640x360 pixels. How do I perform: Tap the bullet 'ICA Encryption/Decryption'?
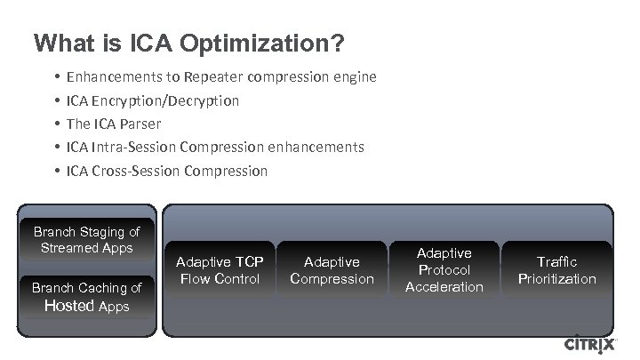pos(152,100)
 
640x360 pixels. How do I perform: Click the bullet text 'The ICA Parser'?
pos(113,124)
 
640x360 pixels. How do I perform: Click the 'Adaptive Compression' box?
pos(332,270)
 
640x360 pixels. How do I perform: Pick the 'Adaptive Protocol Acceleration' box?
pos(444,270)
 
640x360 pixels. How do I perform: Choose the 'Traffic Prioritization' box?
pos(557,270)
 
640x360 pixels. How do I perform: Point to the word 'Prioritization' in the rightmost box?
pos(557,279)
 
